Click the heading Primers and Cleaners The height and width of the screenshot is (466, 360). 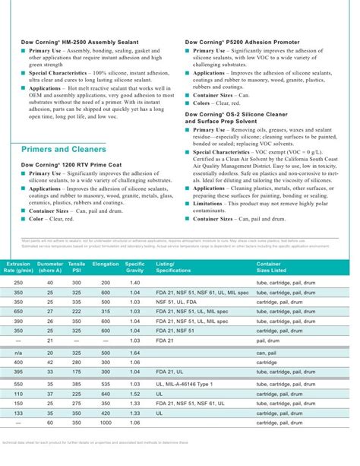pos(63,150)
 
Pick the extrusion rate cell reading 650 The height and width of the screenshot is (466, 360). pos(17,311)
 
